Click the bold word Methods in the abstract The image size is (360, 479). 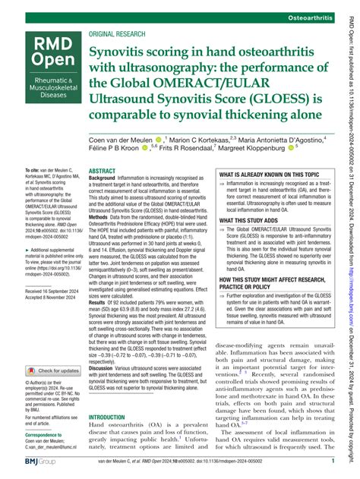tap(102, 216)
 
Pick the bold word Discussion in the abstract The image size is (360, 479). tap(106, 371)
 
